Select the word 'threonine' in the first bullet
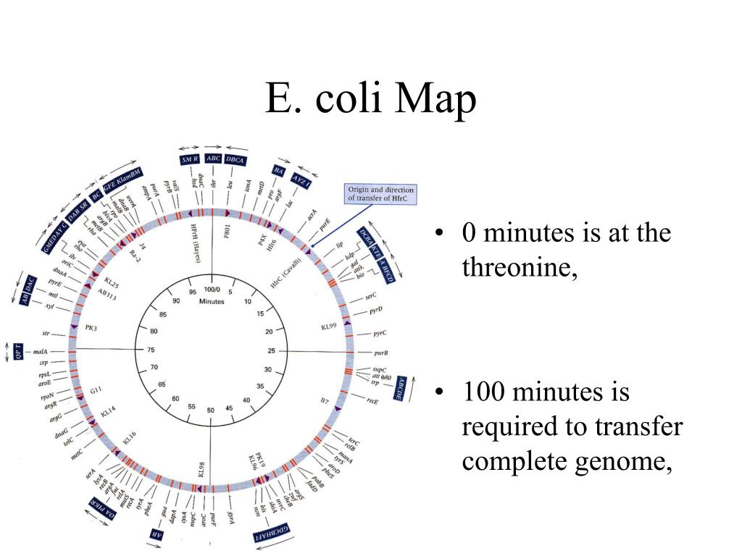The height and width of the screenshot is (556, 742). (x=518, y=267)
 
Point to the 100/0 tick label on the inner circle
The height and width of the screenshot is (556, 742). (x=210, y=289)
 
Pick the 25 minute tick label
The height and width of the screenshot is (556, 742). (x=272, y=350)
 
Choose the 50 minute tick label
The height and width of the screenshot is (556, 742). (x=211, y=410)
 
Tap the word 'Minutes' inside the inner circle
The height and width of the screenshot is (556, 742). (x=211, y=301)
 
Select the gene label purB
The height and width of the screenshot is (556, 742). (x=381, y=353)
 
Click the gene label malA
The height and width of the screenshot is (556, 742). (x=40, y=352)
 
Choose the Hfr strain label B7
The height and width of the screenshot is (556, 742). (x=324, y=399)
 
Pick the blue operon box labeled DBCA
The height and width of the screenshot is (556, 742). (x=235, y=159)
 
